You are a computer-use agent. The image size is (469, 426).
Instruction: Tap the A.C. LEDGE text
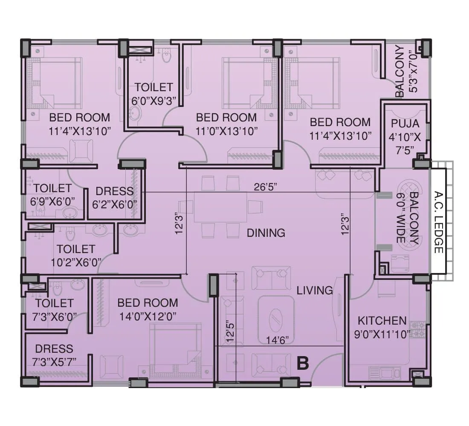438,222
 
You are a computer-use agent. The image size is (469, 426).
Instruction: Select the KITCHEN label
382,321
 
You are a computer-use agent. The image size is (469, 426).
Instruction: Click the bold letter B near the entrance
302,363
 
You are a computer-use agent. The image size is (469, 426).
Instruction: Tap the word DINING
266,233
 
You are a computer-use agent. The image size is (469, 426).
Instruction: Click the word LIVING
315,291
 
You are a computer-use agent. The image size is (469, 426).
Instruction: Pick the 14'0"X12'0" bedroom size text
147,316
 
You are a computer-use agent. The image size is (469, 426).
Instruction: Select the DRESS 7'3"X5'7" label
54,355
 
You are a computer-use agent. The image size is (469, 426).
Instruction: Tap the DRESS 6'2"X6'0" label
114,197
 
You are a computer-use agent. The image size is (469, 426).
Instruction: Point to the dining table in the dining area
220,207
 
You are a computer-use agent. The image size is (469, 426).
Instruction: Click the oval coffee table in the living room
276,317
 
